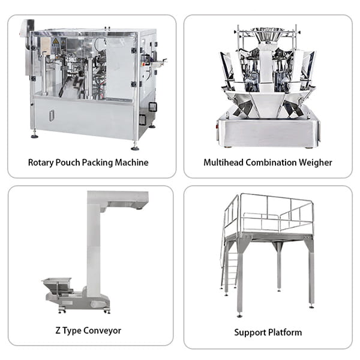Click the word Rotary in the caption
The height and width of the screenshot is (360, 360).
41,163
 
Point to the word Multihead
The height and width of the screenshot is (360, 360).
223,163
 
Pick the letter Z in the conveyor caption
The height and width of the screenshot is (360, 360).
58,331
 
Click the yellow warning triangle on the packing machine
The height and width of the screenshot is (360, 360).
55,41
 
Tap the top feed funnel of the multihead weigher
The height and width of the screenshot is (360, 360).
266,34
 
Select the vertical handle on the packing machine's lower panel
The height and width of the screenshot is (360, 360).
52,116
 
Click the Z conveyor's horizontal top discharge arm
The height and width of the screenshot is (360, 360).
124,199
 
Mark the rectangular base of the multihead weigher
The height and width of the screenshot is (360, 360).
268,133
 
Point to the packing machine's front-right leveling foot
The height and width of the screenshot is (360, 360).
135,148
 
